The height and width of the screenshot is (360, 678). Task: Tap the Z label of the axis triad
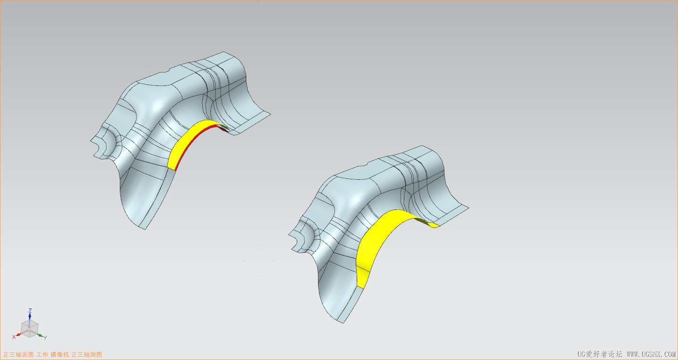(30, 310)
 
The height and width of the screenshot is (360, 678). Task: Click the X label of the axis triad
(14, 337)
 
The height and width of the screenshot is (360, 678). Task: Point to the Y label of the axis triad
(45, 338)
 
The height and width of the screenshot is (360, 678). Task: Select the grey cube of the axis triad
(29, 328)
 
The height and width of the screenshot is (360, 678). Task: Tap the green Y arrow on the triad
(39, 334)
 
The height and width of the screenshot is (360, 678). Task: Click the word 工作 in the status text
(42, 354)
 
